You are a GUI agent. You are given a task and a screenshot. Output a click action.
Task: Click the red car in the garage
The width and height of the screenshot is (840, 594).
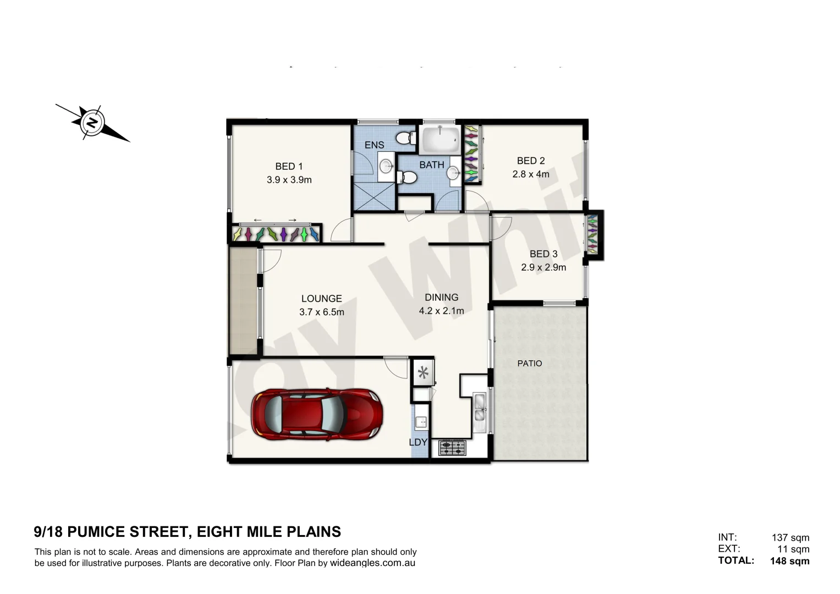[316, 414]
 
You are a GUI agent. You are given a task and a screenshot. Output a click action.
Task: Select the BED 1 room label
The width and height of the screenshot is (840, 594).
[289, 166]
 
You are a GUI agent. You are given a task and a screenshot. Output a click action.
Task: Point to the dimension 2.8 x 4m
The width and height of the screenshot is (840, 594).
[531, 174]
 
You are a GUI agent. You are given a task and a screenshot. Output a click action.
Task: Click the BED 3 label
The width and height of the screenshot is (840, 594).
[543, 254]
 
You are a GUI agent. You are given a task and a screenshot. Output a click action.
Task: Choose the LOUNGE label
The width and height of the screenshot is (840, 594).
[321, 299]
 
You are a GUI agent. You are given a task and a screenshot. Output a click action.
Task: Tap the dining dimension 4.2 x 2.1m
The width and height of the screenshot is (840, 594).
[441, 311]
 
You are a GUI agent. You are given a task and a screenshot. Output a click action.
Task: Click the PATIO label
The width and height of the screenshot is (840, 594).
[529, 364]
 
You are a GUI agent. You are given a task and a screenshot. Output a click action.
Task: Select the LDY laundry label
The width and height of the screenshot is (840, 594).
[418, 442]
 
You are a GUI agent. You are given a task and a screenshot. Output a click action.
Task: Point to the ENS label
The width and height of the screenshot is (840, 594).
[374, 145]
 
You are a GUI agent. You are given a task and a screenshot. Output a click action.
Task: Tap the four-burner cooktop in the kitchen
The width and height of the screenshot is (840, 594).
[452, 448]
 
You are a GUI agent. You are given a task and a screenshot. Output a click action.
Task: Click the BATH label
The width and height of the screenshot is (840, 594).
[432, 165]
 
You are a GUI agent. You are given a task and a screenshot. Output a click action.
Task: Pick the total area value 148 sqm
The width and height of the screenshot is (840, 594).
[789, 561]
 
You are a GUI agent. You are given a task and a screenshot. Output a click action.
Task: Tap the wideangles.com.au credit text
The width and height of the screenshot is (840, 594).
[372, 563]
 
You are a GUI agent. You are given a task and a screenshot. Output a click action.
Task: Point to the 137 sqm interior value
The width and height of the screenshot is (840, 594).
[790, 538]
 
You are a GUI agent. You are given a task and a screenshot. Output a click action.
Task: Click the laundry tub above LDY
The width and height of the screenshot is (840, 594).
[421, 422]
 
